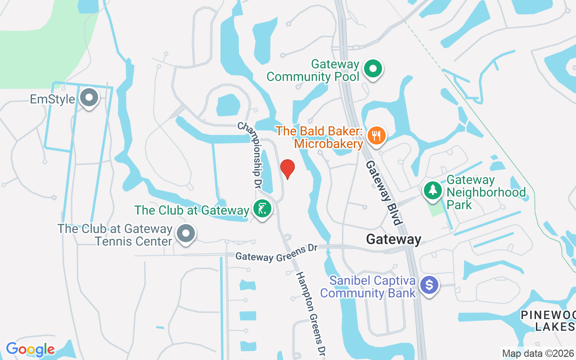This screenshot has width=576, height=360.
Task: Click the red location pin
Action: [x=288, y=169]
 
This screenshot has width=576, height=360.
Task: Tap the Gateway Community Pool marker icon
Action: [x=373, y=69]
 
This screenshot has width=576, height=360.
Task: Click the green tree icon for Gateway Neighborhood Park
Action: [x=433, y=190]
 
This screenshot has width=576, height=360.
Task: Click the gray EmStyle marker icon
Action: [x=89, y=98]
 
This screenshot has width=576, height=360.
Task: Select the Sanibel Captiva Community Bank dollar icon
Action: [x=429, y=285]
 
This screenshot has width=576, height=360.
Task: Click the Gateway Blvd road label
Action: [x=383, y=193]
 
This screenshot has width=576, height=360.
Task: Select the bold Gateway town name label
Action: [x=394, y=239]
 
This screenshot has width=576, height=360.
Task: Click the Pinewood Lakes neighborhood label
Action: [x=549, y=320]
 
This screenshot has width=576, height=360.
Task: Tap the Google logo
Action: [x=30, y=349]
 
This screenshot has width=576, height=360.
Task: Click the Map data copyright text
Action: [x=538, y=353]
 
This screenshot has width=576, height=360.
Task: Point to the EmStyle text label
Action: [x=52, y=99]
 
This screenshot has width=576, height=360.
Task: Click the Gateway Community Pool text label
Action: [x=313, y=71]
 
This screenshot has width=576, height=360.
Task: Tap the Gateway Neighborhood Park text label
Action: [x=486, y=193]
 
